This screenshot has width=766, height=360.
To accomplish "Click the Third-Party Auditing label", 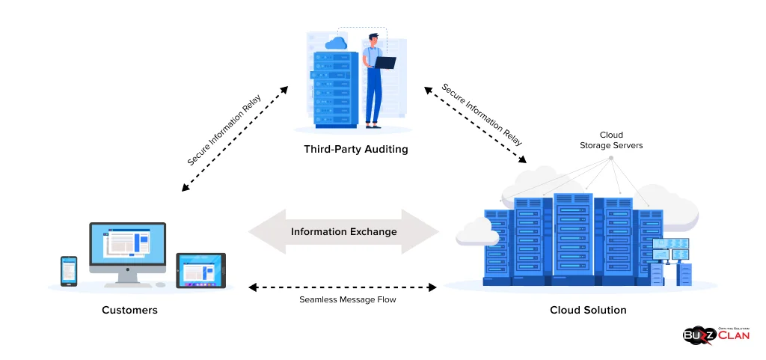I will click(x=355, y=149).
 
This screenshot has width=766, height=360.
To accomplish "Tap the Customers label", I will click(x=129, y=310).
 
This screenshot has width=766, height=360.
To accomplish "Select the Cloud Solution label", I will click(x=588, y=310).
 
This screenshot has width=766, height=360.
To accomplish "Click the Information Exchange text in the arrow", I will click(x=343, y=231).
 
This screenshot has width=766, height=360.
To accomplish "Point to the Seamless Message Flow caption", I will click(x=343, y=299).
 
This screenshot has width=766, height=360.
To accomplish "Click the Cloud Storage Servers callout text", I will click(x=610, y=141).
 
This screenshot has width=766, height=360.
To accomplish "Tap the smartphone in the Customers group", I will click(x=68, y=271).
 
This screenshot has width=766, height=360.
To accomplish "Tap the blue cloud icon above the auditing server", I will click(x=336, y=43).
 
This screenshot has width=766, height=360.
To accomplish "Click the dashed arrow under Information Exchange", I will click(x=343, y=287).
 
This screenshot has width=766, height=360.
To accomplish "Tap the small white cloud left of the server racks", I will click(x=477, y=232).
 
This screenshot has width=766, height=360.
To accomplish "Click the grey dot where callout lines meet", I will click(x=610, y=158).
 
